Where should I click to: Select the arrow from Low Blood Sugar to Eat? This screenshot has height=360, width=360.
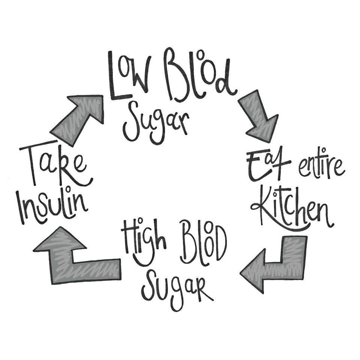[259, 116]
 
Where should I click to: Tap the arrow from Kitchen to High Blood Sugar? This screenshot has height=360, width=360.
[277, 262]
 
